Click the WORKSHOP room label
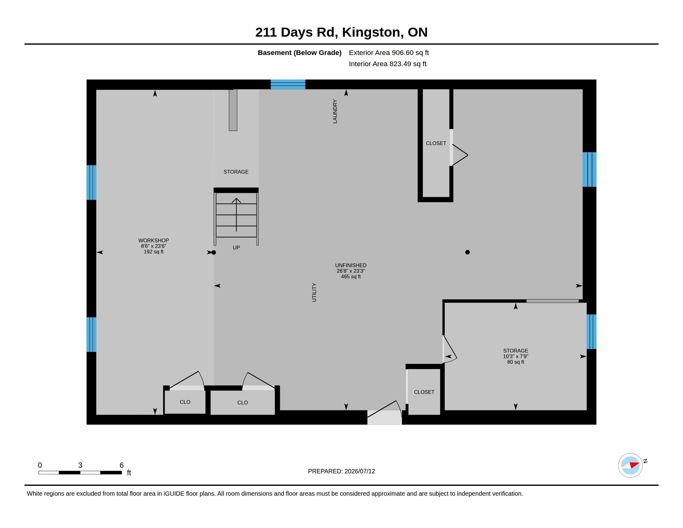(154, 240)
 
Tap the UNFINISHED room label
(351, 265)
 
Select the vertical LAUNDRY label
(335, 112)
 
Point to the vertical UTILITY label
(314, 293)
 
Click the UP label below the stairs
(237, 248)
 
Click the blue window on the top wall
(288, 84)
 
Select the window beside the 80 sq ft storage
(591, 332)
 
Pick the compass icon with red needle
(630, 465)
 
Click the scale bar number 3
(80, 465)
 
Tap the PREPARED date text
(341, 471)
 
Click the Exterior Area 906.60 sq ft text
(389, 52)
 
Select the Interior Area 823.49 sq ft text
(387, 64)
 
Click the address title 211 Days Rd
(296, 32)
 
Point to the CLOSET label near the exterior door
(424, 392)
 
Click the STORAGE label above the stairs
(236, 172)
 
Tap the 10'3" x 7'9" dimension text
(516, 356)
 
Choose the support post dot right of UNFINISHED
(468, 252)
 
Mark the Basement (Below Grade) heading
(300, 52)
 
